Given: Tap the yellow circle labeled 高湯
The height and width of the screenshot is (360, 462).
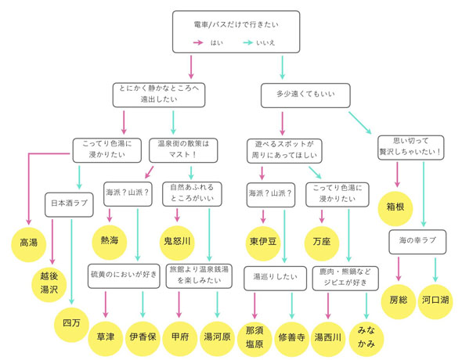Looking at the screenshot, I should point(29,243).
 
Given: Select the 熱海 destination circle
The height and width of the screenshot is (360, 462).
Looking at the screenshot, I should point(109,238).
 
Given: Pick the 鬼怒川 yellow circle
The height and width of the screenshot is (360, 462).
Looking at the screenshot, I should point(177,238).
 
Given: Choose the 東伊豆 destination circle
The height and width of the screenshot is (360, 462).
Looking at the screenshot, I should point(263,238).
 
